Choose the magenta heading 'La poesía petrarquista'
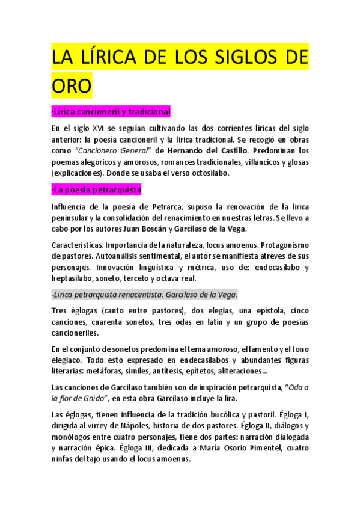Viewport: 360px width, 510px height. (x=96, y=190)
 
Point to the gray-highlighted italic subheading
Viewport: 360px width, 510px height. (x=144, y=294)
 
